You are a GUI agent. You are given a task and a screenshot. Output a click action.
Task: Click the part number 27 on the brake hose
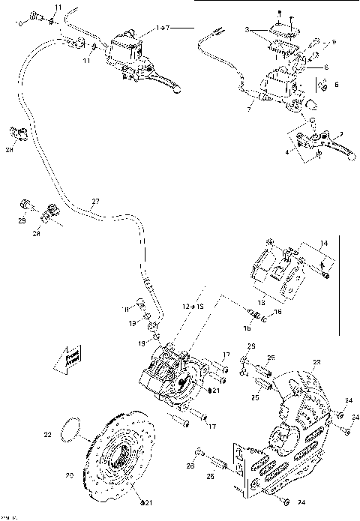(x=94, y=200)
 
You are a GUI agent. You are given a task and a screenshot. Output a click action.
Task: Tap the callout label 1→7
(x=163, y=28)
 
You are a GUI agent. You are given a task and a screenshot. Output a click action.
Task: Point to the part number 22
(x=47, y=433)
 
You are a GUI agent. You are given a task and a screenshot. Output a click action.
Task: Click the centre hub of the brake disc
(x=118, y=457)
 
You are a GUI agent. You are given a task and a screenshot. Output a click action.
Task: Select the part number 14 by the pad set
(x=325, y=244)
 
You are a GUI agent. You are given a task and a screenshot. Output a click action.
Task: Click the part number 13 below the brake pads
(x=283, y=303)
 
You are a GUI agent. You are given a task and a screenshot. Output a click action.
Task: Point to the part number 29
(x=22, y=222)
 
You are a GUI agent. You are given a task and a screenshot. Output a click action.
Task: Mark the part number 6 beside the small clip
(x=336, y=85)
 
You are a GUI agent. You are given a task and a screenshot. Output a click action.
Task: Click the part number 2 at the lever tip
(x=341, y=135)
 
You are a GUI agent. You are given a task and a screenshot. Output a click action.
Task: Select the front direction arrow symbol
(x=67, y=357)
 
